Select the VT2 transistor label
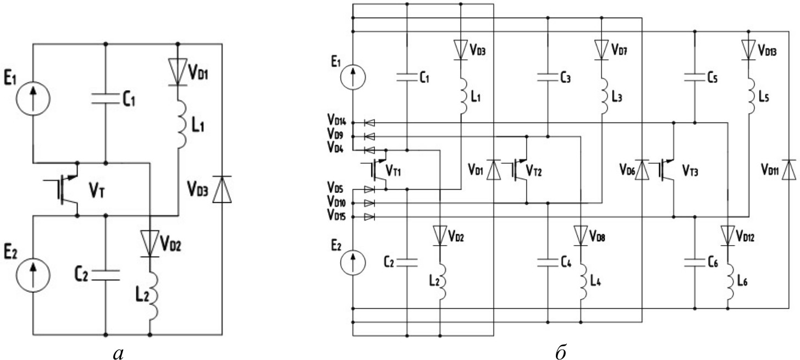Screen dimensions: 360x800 pyautogui.click(x=534, y=171)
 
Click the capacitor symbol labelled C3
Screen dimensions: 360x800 pyautogui.click(x=548, y=78)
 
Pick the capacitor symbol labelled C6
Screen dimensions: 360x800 pyautogui.click(x=695, y=262)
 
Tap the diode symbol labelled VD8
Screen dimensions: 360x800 pyautogui.click(x=581, y=235)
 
